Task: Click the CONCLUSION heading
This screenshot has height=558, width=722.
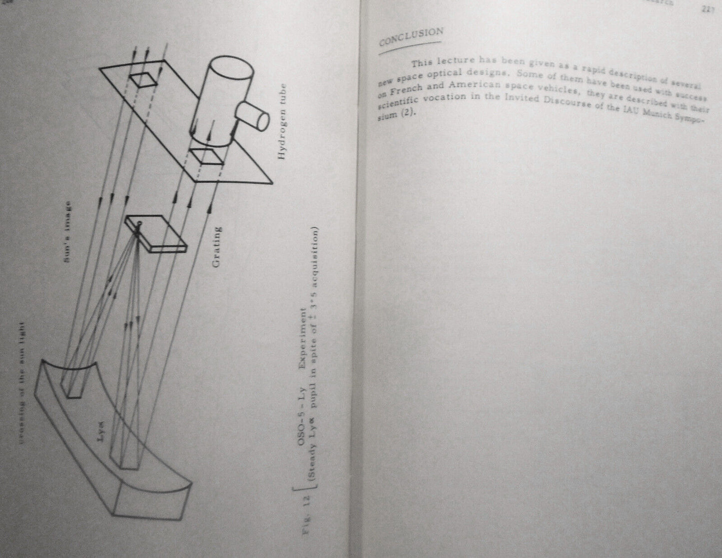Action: pos(411,36)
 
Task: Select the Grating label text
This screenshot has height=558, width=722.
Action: pos(216,248)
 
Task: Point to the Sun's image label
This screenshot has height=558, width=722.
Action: pos(69,231)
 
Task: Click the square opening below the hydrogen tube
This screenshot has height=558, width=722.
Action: pos(206,156)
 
